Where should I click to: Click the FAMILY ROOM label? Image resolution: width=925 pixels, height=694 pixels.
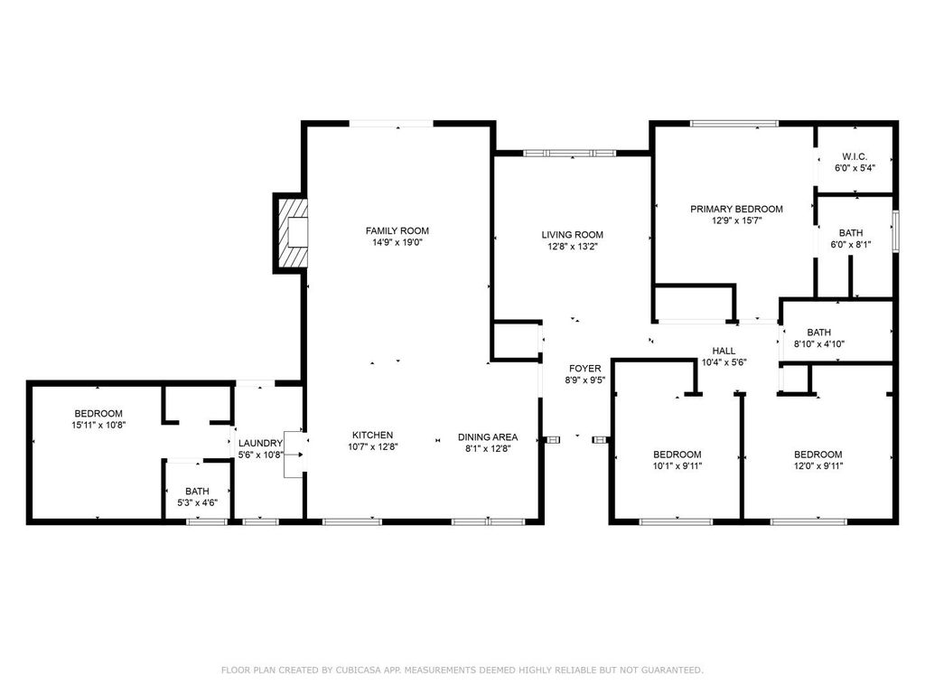397,230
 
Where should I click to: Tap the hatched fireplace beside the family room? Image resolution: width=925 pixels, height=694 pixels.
292,232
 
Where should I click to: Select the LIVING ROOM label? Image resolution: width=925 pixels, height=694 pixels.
572,235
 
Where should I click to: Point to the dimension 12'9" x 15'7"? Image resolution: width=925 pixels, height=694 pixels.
736,220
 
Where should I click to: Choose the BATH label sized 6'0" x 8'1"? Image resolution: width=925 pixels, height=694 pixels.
850,232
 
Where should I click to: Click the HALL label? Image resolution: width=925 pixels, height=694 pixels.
724,351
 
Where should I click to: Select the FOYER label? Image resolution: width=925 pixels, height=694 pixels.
584,368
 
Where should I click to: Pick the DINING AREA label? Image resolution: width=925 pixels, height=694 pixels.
487,436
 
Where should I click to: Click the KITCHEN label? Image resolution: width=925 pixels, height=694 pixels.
372,435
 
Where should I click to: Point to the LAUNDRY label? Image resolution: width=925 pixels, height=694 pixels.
260,443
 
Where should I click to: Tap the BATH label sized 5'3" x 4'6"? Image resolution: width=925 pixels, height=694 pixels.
196,492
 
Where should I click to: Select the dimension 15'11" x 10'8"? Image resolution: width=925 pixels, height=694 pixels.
98,425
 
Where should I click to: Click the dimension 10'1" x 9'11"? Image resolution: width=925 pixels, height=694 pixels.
677,466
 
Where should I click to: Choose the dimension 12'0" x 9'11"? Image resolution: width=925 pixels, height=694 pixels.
818,466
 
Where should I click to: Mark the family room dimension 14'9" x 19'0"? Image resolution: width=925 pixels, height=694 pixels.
397,242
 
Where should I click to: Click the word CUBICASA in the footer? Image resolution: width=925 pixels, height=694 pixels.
351,670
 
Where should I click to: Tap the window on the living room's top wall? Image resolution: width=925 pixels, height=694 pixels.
571,154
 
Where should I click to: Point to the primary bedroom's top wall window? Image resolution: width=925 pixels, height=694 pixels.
733,123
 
